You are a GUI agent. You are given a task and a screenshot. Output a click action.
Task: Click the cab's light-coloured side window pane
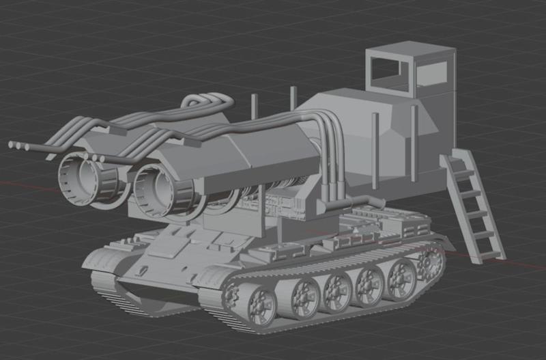433,74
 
